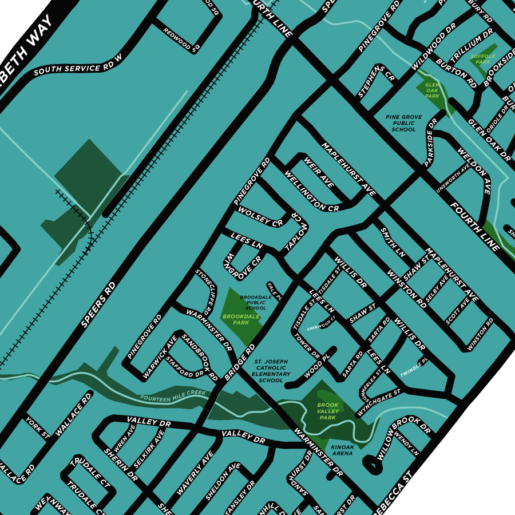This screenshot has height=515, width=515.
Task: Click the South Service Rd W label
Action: coord(78,65)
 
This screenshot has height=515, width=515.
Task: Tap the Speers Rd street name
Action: coord(98,304)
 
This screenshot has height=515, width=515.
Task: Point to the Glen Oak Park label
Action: coord(432,90)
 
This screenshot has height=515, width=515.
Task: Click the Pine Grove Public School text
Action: coord(403,123)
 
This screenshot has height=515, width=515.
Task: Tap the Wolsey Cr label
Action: coord(261,217)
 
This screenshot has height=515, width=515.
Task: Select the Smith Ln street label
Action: coord(393,241)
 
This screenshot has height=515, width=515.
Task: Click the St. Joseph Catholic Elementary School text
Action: coord(271,371)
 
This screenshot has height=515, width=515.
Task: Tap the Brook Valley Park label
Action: coord(328,411)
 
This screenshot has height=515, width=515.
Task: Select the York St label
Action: coord(38,428)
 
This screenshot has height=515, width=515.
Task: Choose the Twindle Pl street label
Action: coord(414,367)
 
